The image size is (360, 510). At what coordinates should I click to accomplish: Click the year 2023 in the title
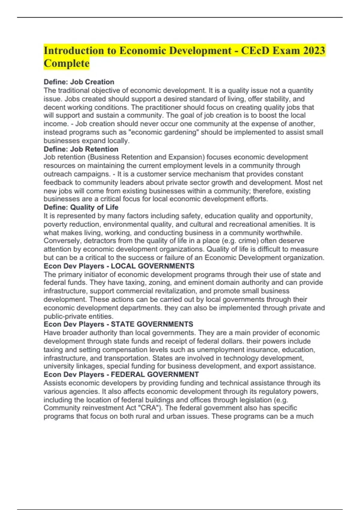314,50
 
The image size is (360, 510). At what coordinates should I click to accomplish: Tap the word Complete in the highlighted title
66,63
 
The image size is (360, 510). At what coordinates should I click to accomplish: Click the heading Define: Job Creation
79,82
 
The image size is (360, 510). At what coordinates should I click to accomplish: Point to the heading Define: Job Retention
81,149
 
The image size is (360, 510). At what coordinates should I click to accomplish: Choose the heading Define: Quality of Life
81,207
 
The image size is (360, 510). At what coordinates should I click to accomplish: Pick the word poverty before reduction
55,224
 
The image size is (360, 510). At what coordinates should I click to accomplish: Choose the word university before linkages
59,366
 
